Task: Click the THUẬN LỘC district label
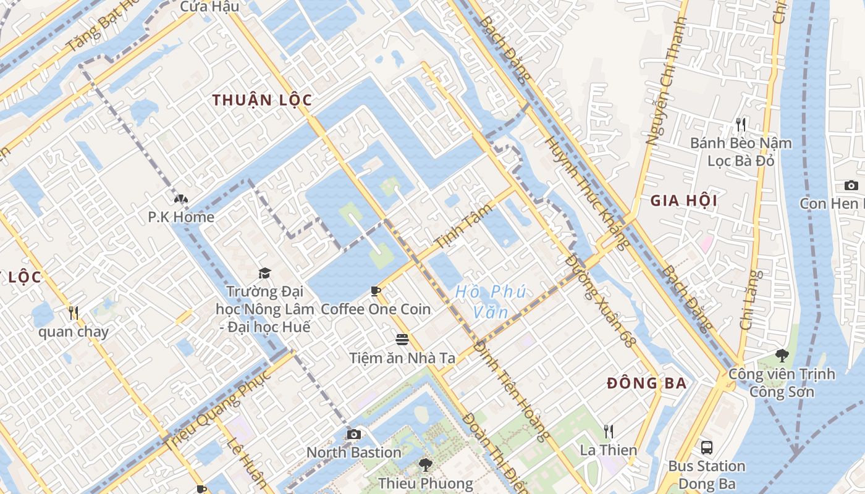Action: pyautogui.click(x=262, y=100)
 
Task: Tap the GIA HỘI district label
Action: pyautogui.click(x=684, y=201)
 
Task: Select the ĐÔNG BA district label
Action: pyautogui.click(x=647, y=383)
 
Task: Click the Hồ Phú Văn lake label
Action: pyautogui.click(x=491, y=301)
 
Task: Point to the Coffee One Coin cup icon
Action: pyautogui.click(x=375, y=291)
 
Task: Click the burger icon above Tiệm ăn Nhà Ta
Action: pyautogui.click(x=402, y=339)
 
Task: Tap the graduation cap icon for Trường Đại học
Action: pyautogui.click(x=264, y=273)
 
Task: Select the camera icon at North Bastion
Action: pyautogui.click(x=353, y=434)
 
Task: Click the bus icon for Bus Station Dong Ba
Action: pyautogui.click(x=707, y=447)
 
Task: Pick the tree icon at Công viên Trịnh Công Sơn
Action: pyautogui.click(x=782, y=356)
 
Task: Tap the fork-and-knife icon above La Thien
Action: pyautogui.click(x=609, y=431)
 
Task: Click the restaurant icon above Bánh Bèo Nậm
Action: pyautogui.click(x=741, y=125)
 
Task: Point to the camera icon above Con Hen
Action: pyautogui.click(x=851, y=185)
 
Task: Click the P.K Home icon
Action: pyautogui.click(x=180, y=199)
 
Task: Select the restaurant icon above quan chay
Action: pyautogui.click(x=74, y=313)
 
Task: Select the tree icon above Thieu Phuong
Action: pyautogui.click(x=425, y=464)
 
